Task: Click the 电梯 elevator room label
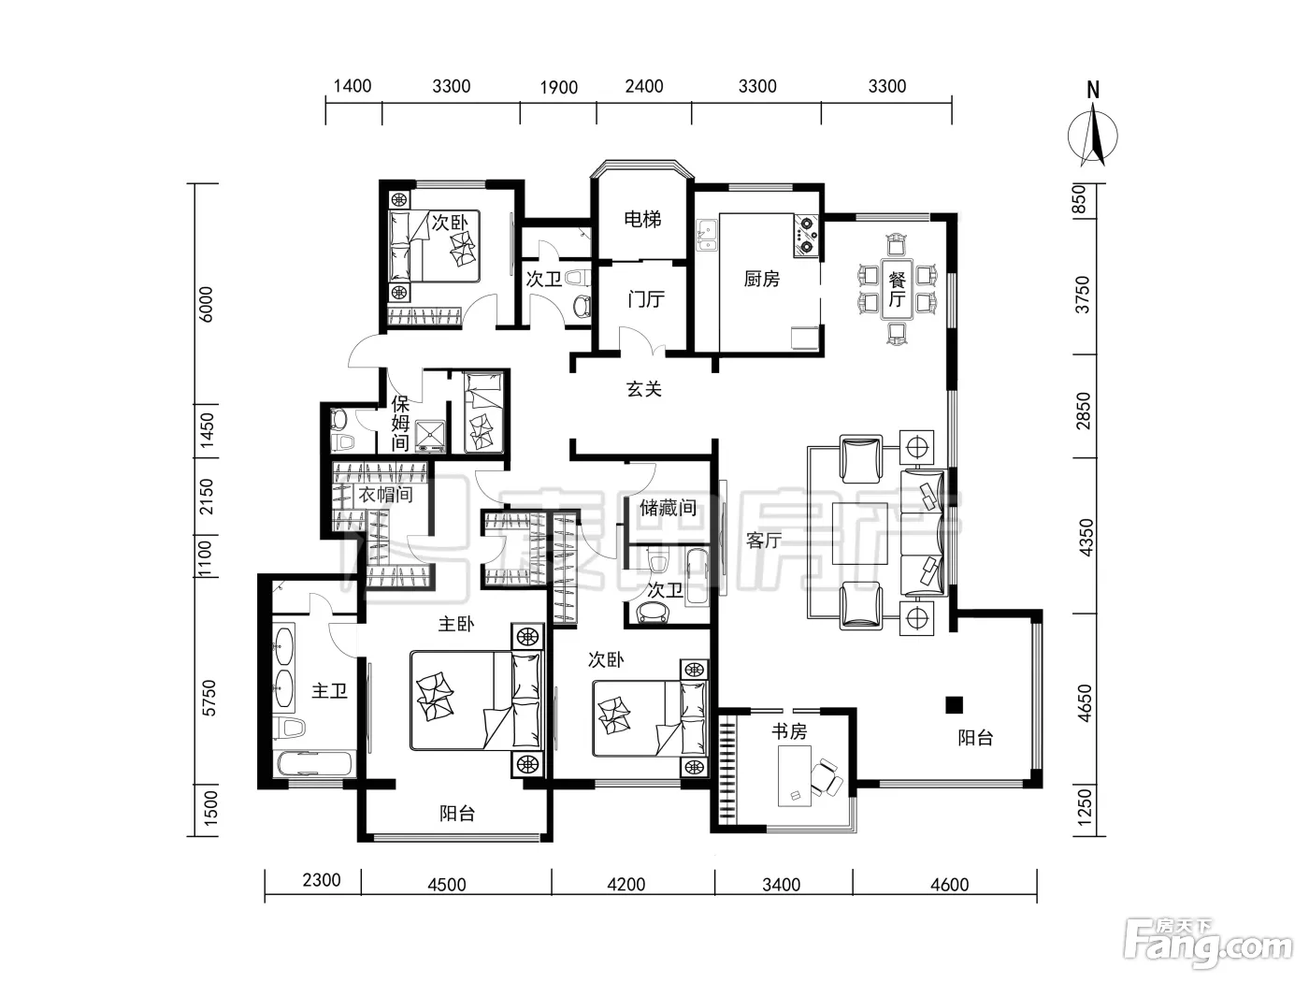[x=642, y=220]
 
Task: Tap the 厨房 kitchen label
[x=761, y=279]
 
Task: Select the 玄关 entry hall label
[x=643, y=389]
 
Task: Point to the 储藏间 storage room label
[x=668, y=508]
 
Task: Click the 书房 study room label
[x=789, y=731]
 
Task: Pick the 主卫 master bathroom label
[x=329, y=691]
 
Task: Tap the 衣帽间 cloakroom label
[x=385, y=495]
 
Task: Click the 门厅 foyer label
[x=646, y=298]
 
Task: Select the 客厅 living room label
[x=764, y=541]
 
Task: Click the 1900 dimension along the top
[x=559, y=88]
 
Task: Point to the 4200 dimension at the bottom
[x=626, y=884]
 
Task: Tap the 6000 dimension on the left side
[x=206, y=304]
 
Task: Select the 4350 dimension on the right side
[x=1086, y=538]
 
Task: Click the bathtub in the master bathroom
[x=314, y=764]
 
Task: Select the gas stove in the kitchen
[x=806, y=236]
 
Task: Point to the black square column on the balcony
[x=954, y=705]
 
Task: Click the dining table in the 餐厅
[x=897, y=289]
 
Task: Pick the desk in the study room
[x=795, y=775]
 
